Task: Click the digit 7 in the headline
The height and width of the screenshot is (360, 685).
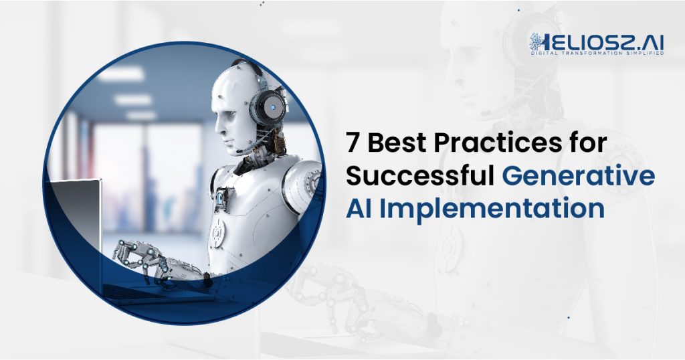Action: tap(353, 143)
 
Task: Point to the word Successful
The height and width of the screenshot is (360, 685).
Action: tap(420, 175)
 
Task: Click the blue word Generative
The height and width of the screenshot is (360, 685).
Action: tap(579, 175)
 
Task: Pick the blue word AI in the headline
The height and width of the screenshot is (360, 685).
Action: tap(359, 209)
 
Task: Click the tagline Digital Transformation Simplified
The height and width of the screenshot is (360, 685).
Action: tap(597, 54)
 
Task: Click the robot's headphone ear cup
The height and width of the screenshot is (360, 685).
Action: tap(268, 108)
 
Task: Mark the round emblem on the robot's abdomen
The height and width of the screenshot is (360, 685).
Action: tap(217, 233)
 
